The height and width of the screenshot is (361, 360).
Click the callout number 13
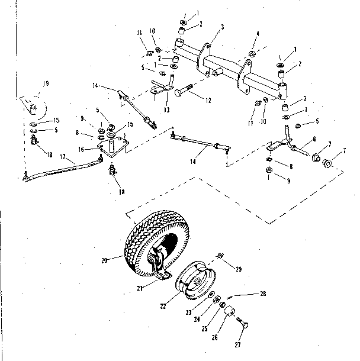[x=167, y=109]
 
